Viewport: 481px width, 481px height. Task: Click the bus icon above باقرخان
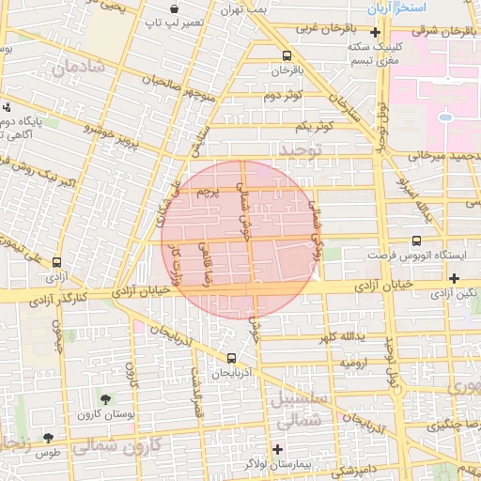[287, 54]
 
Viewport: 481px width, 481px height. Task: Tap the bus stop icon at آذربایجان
[232, 358]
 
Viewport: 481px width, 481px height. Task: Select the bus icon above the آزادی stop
[57, 264]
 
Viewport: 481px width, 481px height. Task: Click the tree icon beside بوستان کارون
[104, 399]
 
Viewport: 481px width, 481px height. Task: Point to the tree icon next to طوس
[48, 437]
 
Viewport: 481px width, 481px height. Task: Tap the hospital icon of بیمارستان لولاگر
[276, 448]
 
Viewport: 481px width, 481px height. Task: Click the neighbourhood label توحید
[300, 150]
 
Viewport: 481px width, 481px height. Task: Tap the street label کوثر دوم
[282, 96]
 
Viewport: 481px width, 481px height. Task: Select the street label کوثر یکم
[314, 126]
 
